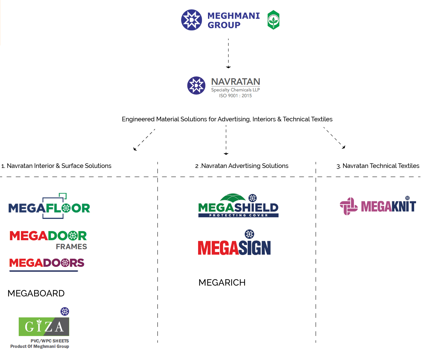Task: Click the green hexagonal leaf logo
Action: pyautogui.click(x=273, y=20)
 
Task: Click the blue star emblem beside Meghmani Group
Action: pyautogui.click(x=192, y=20)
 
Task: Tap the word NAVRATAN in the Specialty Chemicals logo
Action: pyautogui.click(x=236, y=82)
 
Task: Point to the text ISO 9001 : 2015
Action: pyautogui.click(x=236, y=96)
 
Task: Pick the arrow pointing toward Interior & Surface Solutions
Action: pyautogui.click(x=144, y=140)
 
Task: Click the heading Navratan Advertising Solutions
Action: pyautogui.click(x=242, y=166)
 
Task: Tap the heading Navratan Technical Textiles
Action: pyautogui.click(x=378, y=166)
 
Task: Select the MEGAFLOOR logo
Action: pyautogui.click(x=49, y=207)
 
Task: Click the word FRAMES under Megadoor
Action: pyautogui.click(x=71, y=247)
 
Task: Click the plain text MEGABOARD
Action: pyautogui.click(x=36, y=293)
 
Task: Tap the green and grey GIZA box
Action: pyautogui.click(x=44, y=326)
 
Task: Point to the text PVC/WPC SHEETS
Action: pyautogui.click(x=50, y=341)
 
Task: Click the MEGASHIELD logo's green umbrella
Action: pyautogui.click(x=233, y=198)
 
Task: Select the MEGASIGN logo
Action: pyautogui.click(x=234, y=247)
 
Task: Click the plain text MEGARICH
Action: pyautogui.click(x=222, y=283)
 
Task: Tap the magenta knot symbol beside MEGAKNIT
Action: pyautogui.click(x=349, y=206)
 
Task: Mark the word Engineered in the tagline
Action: pyautogui.click(x=138, y=119)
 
